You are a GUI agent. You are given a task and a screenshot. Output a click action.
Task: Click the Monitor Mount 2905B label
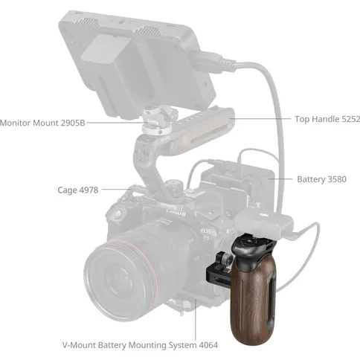pyautogui.click(x=42, y=123)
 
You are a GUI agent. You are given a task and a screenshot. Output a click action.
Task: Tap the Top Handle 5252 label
pyautogui.click(x=327, y=119)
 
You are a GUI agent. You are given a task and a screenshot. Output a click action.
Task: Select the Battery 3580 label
pyautogui.click(x=321, y=179)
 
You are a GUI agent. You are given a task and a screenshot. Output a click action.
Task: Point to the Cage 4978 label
pyautogui.click(x=78, y=190)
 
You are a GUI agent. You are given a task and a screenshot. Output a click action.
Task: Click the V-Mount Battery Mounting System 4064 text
pyautogui.click(x=140, y=345)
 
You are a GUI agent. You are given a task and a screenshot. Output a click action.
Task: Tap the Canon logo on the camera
pyautogui.click(x=176, y=212)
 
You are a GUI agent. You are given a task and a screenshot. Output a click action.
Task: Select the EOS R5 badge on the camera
pyautogui.click(x=206, y=234)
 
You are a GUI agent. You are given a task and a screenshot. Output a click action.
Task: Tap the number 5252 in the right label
pyautogui.click(x=351, y=119)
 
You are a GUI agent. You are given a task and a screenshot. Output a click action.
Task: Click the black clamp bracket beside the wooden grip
pyautogui.click(x=219, y=269)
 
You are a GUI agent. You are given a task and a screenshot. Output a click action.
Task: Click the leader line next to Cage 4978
pyautogui.click(x=117, y=189)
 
